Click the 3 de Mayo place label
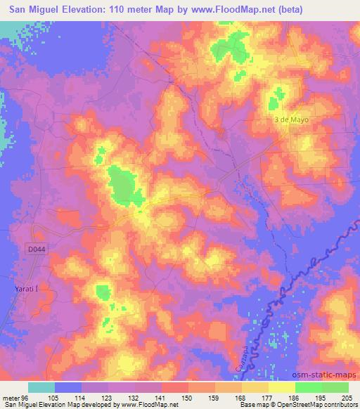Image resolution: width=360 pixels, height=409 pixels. [x=292, y=119]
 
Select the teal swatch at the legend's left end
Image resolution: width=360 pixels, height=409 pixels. [x=41, y=387]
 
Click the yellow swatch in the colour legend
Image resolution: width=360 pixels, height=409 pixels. [x=282, y=387]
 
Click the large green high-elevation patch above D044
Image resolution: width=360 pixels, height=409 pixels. [x=122, y=184]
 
